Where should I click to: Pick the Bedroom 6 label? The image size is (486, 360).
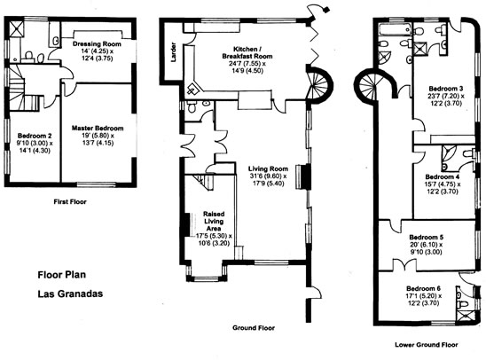pyautogui.click(x=426, y=289)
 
